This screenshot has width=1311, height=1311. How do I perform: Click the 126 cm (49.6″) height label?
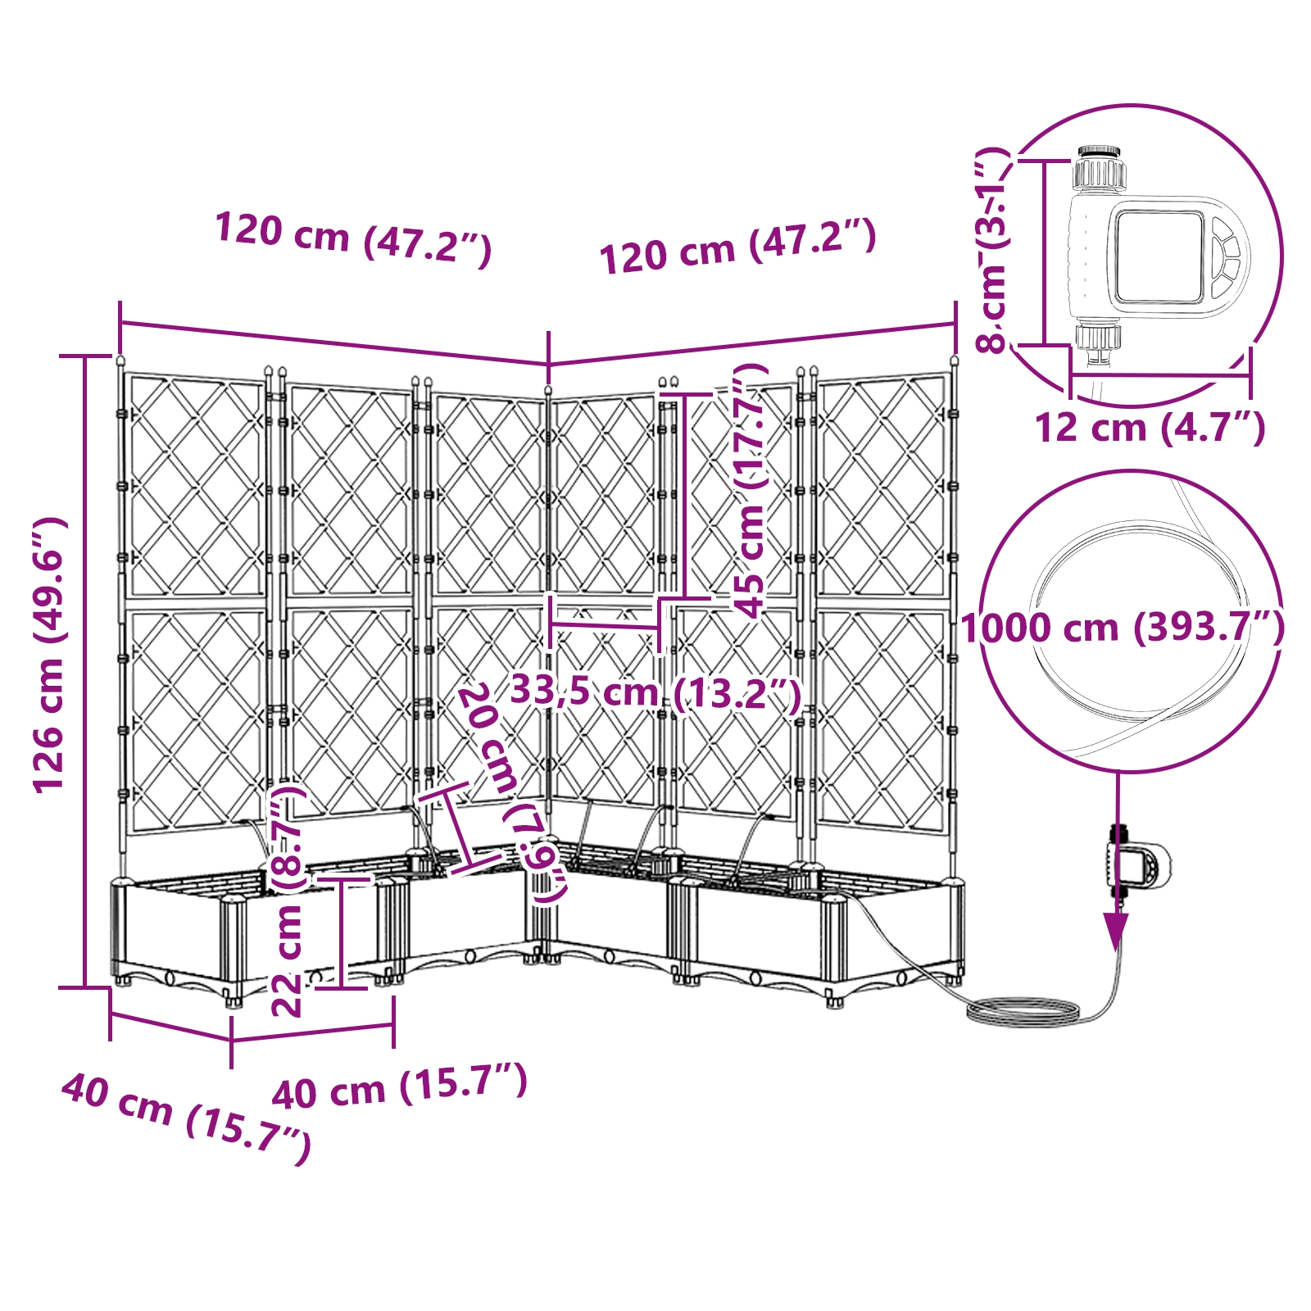coord(48,655)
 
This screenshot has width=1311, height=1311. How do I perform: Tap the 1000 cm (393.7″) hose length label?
coord(1123,628)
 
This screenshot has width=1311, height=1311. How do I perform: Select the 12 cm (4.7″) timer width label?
coord(1150,428)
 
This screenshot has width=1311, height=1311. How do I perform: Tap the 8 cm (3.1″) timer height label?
coord(992,250)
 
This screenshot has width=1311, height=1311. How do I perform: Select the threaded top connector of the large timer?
coord(1100,167)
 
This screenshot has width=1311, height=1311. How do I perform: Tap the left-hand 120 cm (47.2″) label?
coord(352,238)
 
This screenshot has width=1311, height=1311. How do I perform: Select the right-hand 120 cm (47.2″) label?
coord(737,246)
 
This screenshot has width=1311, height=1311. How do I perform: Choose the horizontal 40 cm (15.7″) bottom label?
coord(399,1086)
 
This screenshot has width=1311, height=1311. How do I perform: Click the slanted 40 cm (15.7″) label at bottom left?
coord(187,1118)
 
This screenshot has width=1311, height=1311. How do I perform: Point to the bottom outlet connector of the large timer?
coord(1097,342)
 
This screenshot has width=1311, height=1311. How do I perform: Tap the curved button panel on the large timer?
coord(1226,256)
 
